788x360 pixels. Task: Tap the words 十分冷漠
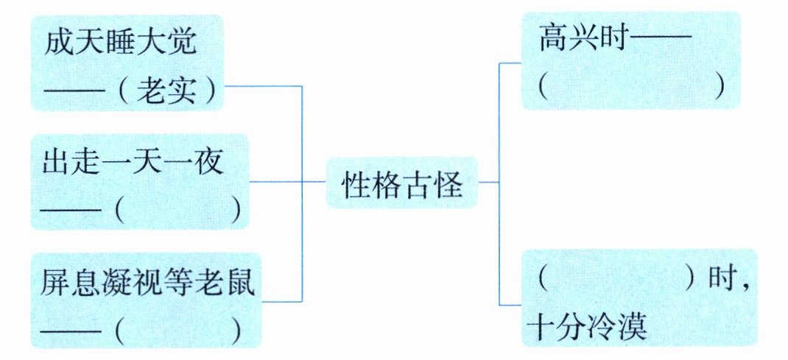point(588,327)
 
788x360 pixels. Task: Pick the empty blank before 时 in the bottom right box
point(617,280)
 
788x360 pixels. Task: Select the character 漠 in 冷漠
point(633,327)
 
